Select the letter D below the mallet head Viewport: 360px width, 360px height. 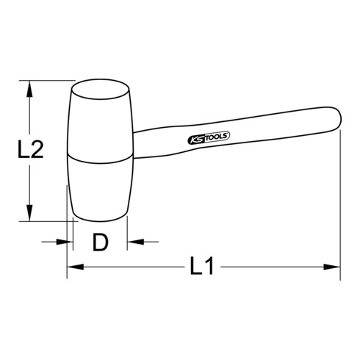(100, 242)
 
